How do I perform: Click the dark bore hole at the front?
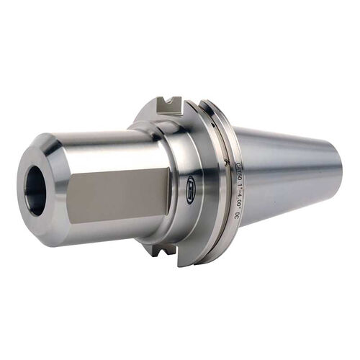click(x=35, y=192)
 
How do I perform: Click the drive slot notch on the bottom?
click(x=164, y=251)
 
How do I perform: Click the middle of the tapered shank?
click(x=288, y=173)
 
